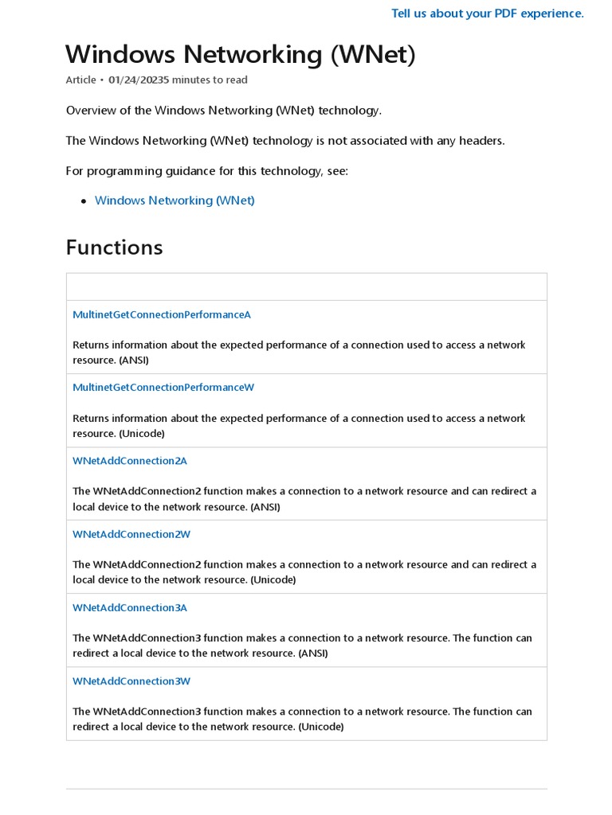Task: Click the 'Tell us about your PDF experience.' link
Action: click(x=487, y=14)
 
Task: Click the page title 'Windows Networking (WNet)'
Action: click(x=240, y=54)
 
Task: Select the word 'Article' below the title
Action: click(x=80, y=80)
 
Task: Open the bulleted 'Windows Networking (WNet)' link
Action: click(x=175, y=201)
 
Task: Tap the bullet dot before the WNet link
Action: click(x=84, y=201)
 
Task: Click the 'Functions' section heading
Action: click(x=114, y=248)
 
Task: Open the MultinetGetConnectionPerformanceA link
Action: click(x=162, y=314)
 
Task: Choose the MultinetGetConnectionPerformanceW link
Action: click(x=163, y=388)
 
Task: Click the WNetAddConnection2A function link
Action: click(x=130, y=461)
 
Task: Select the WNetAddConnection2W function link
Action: click(x=131, y=534)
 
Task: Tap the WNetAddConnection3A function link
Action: click(x=130, y=607)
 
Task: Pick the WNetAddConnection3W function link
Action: click(x=131, y=680)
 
